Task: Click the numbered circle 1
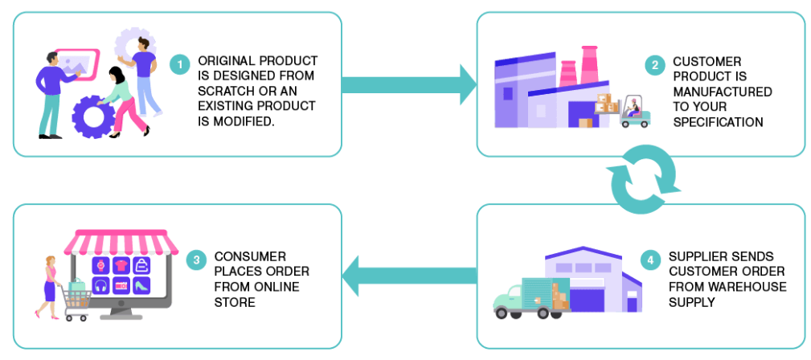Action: [182, 62]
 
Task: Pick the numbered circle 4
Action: [651, 260]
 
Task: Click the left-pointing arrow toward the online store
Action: [410, 278]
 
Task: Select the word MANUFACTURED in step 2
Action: [723, 92]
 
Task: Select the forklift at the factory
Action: [635, 113]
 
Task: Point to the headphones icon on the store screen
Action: [100, 284]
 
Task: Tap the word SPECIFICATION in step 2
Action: [718, 123]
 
